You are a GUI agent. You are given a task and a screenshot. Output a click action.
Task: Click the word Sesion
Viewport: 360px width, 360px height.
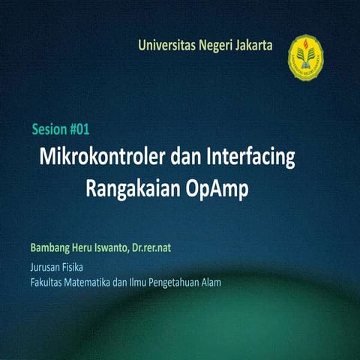pyautogui.click(x=49, y=129)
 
